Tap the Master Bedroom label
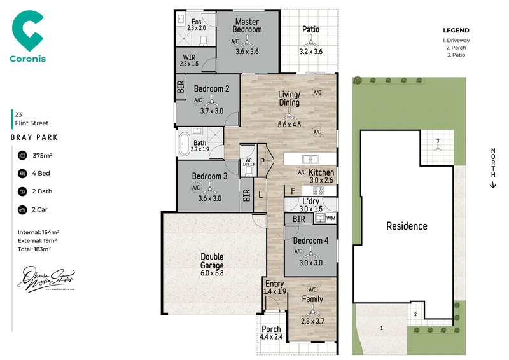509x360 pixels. [x=247, y=25]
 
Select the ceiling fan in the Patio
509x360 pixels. [x=311, y=42]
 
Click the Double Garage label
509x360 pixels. [x=213, y=261]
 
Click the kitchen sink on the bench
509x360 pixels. [x=310, y=159]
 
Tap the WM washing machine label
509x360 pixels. [x=331, y=218]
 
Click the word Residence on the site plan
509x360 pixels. [x=407, y=226]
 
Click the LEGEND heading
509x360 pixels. [x=456, y=30]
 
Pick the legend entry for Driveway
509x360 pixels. [x=456, y=40]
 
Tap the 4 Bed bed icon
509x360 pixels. [x=22, y=172]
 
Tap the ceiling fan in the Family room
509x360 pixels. [x=312, y=311]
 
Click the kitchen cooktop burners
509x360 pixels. [x=319, y=190]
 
